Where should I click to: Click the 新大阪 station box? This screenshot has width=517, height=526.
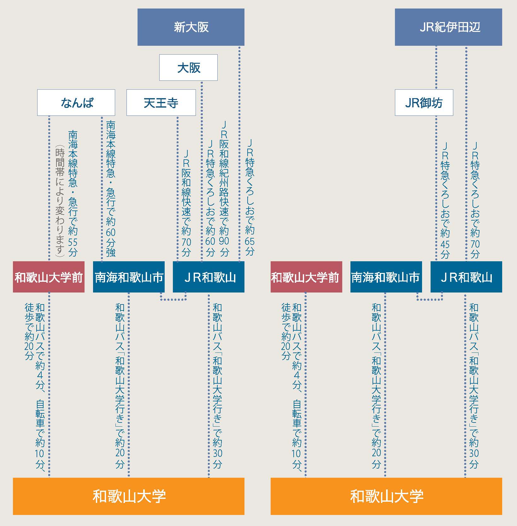click(191, 27)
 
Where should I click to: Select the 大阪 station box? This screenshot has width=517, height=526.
click(188, 68)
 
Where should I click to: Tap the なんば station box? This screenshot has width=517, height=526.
click(76, 103)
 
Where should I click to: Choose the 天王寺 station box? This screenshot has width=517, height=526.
click(161, 103)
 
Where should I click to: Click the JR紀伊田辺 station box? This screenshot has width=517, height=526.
click(448, 27)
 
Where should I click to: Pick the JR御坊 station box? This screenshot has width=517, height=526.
click(424, 103)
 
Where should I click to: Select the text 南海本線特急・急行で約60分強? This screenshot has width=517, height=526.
click(111, 188)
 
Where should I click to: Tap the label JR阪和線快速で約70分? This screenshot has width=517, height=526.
click(186, 203)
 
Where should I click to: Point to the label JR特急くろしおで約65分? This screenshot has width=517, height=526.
click(250, 197)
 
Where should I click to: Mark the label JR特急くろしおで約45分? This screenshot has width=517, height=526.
click(445, 200)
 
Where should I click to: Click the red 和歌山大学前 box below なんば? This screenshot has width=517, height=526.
click(49, 277)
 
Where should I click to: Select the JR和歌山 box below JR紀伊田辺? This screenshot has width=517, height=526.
click(466, 277)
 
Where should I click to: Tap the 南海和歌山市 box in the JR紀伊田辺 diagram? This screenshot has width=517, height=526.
click(386, 277)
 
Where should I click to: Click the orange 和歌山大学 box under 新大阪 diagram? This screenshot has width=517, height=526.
click(128, 496)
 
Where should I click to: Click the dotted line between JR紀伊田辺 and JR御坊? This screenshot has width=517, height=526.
click(436, 68)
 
